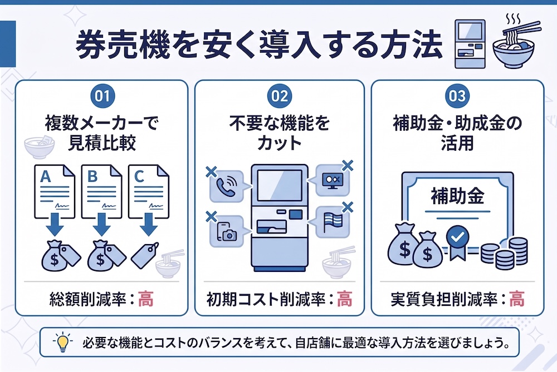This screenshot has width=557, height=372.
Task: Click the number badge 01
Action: (102, 96)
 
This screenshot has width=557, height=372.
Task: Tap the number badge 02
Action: (280, 96)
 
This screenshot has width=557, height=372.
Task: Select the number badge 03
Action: (457, 96)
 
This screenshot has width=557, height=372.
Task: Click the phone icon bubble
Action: (228, 186)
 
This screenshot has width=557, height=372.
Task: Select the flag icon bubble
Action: (331, 222)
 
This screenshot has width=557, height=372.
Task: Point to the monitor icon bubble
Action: (331, 180)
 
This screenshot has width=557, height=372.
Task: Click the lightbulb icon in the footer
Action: (63, 342)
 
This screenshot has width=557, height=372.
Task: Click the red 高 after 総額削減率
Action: (145, 299)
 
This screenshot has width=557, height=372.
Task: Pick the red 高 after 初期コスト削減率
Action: (344, 299)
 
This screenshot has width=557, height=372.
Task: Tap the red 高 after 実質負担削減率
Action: (517, 299)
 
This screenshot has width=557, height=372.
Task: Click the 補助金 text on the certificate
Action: (457, 196)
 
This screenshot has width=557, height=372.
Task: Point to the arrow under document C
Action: (149, 224)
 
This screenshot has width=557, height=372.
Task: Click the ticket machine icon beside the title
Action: (470, 44)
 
